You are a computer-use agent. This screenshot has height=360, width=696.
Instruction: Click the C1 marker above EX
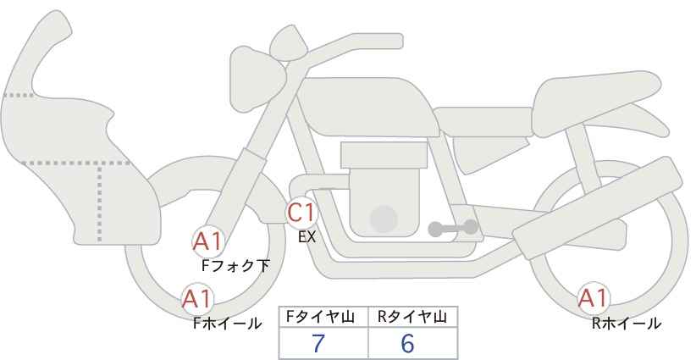pos(301,213)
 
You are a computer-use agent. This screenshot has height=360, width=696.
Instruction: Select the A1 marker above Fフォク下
pos(207,242)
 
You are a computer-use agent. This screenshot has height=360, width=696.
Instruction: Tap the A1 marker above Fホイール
pos(197,299)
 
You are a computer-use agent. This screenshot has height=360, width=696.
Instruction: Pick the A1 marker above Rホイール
pos(593,298)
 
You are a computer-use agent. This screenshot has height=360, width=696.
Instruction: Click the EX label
pos(307,237)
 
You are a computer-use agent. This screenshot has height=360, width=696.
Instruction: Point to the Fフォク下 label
pos(235,266)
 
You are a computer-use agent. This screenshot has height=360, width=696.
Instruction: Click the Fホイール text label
pos(227,324)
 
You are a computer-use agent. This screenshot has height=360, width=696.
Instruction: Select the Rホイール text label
pos(627,324)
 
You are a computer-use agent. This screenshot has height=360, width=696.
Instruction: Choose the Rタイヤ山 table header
pos(413,317)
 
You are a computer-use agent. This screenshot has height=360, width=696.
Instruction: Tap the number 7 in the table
pos(318,343)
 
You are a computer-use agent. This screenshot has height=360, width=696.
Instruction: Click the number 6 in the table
pos(407,343)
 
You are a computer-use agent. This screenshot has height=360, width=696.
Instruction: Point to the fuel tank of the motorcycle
pos(367,107)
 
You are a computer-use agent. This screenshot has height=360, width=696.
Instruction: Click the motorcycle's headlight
pos(257,78)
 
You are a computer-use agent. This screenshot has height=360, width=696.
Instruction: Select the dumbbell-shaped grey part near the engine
pos(453,228)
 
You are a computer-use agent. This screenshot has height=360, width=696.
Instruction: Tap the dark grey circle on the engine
pos(384,219)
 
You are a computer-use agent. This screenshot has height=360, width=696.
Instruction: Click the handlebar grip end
pos(395,42)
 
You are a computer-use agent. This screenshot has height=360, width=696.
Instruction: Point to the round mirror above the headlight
pos(289,43)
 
